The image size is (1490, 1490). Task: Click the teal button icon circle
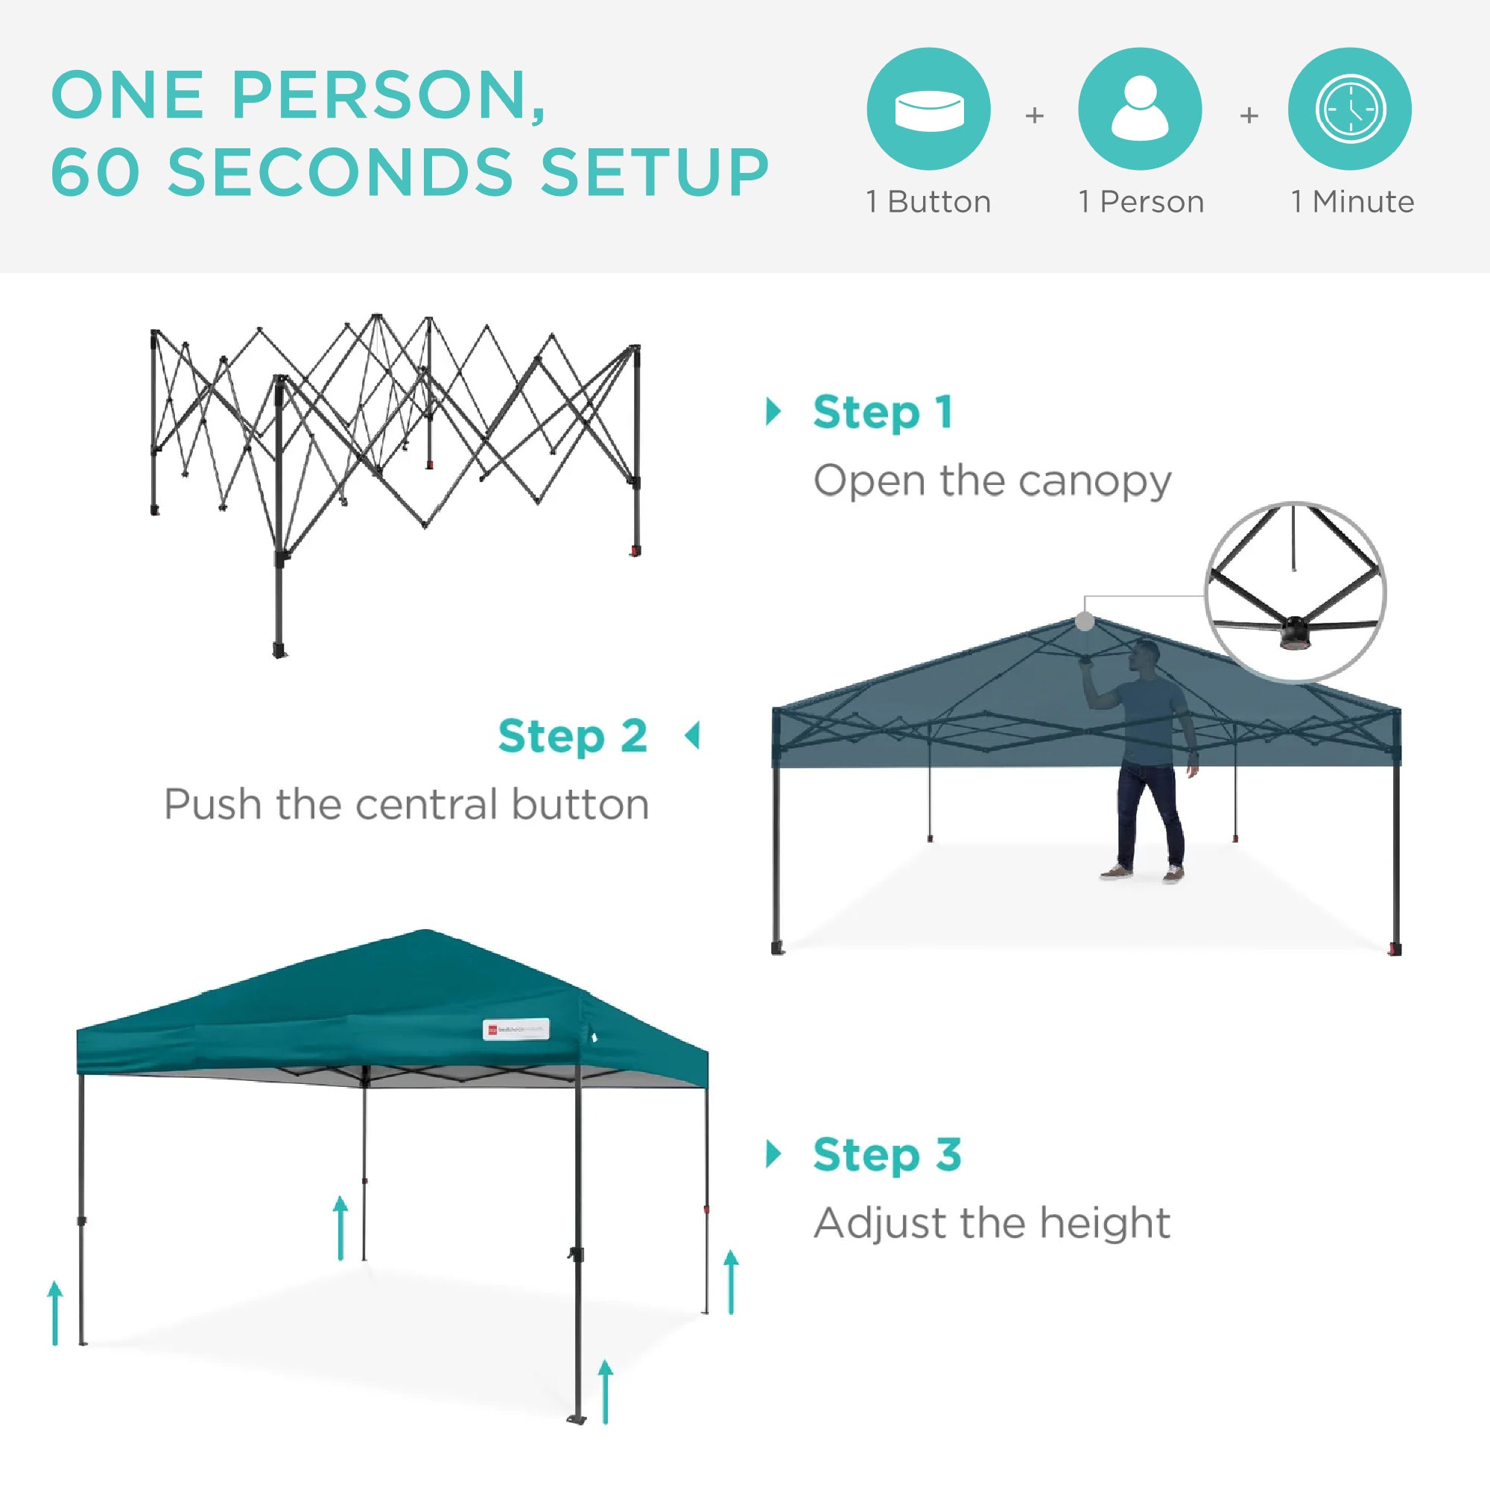[x=928, y=109]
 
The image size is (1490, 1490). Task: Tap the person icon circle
[x=1139, y=109]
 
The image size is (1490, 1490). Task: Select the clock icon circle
[x=1350, y=109]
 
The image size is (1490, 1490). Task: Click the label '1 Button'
[x=928, y=202]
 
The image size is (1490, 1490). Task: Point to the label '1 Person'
[x=1141, y=202]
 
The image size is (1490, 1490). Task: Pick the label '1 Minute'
[x=1353, y=202]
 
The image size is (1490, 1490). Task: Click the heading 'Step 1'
[x=883, y=413]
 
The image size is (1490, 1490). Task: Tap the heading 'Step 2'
[x=572, y=737]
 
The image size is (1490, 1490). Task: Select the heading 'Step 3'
[x=887, y=1155]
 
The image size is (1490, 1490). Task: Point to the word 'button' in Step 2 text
[x=580, y=805]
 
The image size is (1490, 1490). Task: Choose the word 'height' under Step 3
[x=1104, y=1223]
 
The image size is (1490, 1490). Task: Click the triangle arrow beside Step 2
[x=693, y=736]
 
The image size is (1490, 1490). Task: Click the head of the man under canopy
[x=1147, y=656]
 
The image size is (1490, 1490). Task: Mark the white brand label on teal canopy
[x=516, y=1029]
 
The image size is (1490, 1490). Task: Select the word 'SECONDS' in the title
[x=340, y=171]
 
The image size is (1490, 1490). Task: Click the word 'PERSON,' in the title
[x=389, y=95]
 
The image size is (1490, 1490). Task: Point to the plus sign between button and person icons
[x=1034, y=115]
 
